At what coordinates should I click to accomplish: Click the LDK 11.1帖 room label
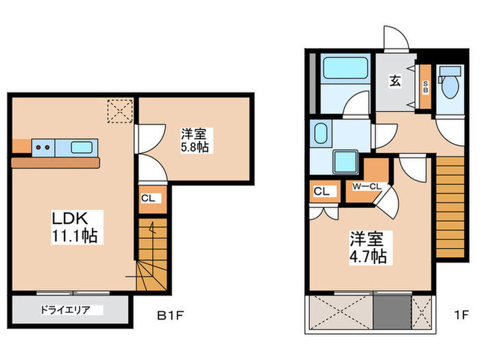(74, 227)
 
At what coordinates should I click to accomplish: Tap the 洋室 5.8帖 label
(195, 139)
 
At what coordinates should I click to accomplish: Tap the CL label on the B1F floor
(147, 199)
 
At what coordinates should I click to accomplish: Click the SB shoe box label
(425, 87)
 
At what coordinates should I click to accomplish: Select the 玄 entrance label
(396, 80)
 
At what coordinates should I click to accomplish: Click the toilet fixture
(450, 85)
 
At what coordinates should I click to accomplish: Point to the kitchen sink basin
(82, 146)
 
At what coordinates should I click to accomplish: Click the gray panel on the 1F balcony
(392, 312)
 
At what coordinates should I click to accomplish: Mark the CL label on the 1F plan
(322, 191)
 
